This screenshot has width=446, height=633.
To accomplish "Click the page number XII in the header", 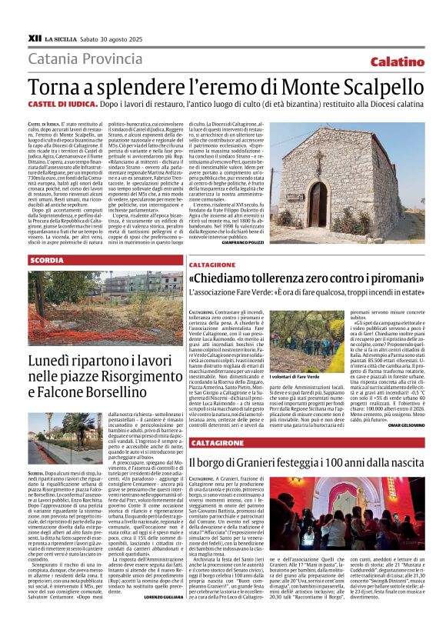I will tap(35, 37).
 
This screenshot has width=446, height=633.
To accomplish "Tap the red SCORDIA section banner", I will tap(47, 261).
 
